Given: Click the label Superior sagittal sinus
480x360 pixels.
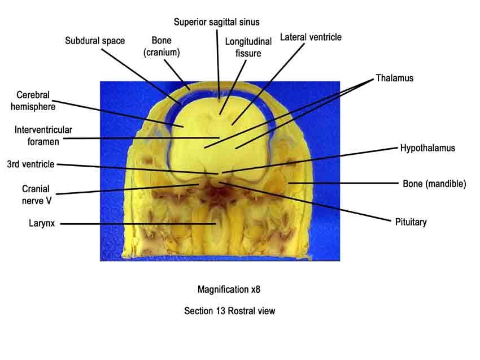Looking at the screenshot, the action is [x=217, y=22].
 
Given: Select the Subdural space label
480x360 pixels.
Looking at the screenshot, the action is [x=95, y=41].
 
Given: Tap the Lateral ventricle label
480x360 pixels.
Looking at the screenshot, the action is [x=311, y=37].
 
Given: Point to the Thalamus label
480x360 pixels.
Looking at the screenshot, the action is [x=395, y=78].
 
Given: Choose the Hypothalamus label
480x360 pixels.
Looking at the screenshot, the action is [x=427, y=148].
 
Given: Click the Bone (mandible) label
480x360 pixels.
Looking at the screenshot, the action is [x=434, y=184].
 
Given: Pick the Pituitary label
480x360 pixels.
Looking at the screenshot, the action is [x=411, y=222].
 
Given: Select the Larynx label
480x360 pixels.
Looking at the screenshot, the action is [x=42, y=223].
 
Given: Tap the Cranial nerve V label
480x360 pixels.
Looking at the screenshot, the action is [x=36, y=194].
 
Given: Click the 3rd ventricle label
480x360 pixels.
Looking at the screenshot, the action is [x=30, y=164].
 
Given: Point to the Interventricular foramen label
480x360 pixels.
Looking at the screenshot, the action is [x=43, y=136].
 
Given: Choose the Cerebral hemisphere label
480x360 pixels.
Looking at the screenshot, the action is [x=33, y=101].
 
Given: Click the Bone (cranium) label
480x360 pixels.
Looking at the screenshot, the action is [x=162, y=46].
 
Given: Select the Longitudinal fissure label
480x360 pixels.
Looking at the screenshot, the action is [x=248, y=47].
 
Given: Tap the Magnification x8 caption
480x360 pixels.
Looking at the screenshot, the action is [x=229, y=289].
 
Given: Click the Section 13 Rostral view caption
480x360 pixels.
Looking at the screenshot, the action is [x=230, y=311].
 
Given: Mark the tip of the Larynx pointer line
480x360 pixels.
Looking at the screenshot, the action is [x=216, y=224].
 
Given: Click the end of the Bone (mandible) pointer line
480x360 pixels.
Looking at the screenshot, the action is [x=289, y=183].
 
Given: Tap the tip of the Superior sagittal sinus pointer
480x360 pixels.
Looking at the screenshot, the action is [x=219, y=99].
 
